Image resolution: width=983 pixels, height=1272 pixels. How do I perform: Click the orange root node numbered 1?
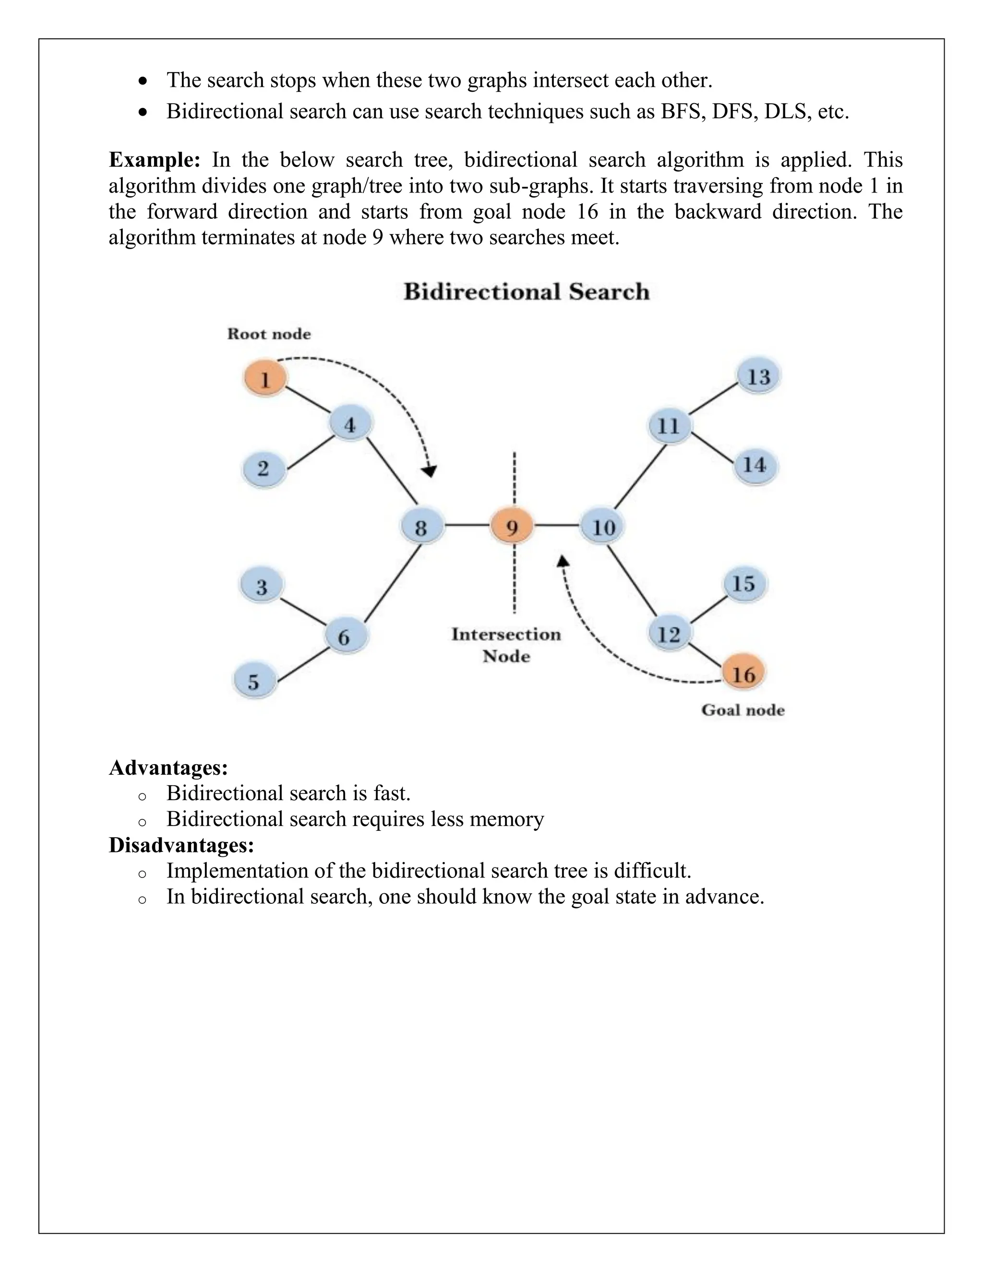pos(265,379)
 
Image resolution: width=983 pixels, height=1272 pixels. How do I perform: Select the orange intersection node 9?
pos(512,527)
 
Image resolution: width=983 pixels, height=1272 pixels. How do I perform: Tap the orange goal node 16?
pos(743,674)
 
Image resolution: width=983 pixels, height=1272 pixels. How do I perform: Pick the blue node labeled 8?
pos(421,527)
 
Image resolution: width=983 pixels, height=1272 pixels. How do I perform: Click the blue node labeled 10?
pos(603,527)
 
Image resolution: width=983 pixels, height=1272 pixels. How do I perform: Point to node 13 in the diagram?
pos(758,376)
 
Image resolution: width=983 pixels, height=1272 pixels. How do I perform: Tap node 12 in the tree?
pos(669,633)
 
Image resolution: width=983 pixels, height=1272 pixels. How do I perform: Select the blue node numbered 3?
pos(262,586)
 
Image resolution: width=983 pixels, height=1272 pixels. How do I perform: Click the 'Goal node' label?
pos(743,710)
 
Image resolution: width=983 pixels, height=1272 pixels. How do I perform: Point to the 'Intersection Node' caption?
pos(506,645)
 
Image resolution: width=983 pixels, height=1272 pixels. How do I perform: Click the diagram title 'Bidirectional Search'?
pos(526,291)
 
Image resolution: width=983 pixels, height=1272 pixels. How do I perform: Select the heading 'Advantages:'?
pos(168,767)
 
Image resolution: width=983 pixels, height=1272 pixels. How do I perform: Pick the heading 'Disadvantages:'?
pos(181,844)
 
